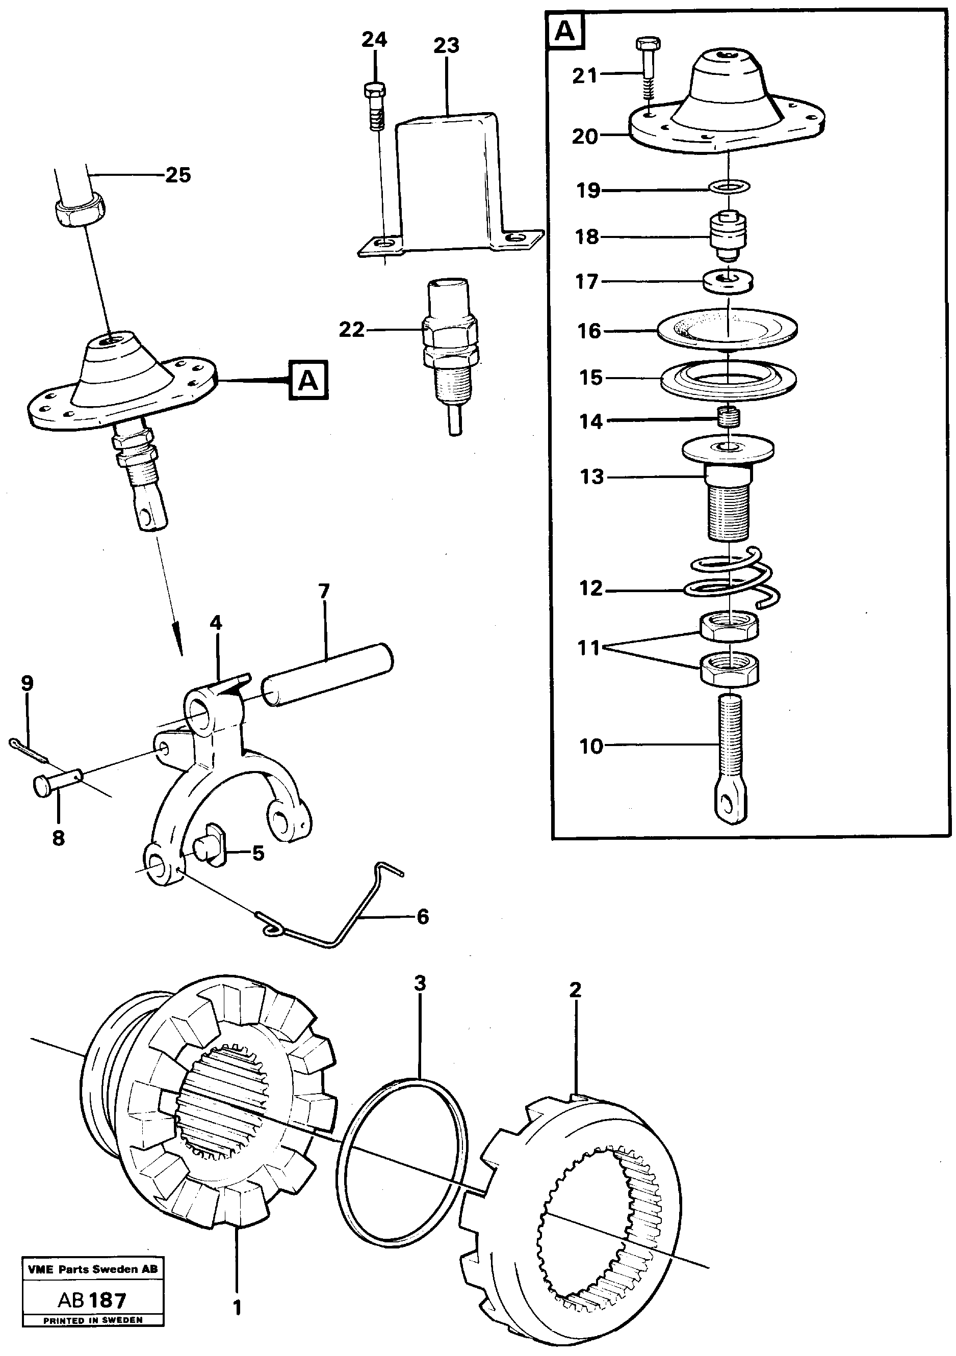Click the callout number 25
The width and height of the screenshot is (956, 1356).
(x=178, y=175)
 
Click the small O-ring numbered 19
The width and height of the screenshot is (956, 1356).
(x=730, y=187)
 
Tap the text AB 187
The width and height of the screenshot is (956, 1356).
(x=92, y=1300)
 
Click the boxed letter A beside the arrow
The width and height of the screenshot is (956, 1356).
(x=308, y=381)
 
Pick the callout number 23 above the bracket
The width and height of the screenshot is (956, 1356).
(x=446, y=45)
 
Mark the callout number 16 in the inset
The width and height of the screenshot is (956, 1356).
(x=588, y=331)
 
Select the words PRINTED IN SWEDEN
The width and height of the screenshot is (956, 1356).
(x=92, y=1320)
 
